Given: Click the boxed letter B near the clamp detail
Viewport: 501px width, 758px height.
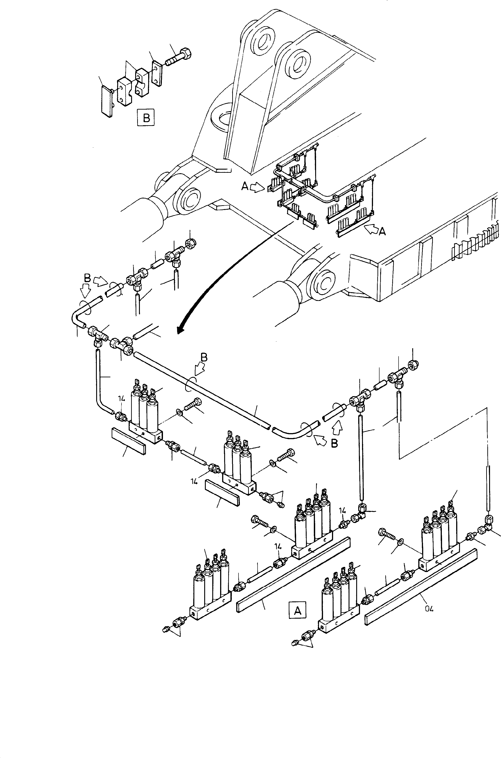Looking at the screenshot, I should click(x=146, y=118).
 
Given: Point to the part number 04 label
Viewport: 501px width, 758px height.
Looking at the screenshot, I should click(x=429, y=609).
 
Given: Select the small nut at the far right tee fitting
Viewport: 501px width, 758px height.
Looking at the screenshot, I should click(x=414, y=365).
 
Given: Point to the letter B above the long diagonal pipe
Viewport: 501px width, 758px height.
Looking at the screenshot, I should click(x=204, y=358).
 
